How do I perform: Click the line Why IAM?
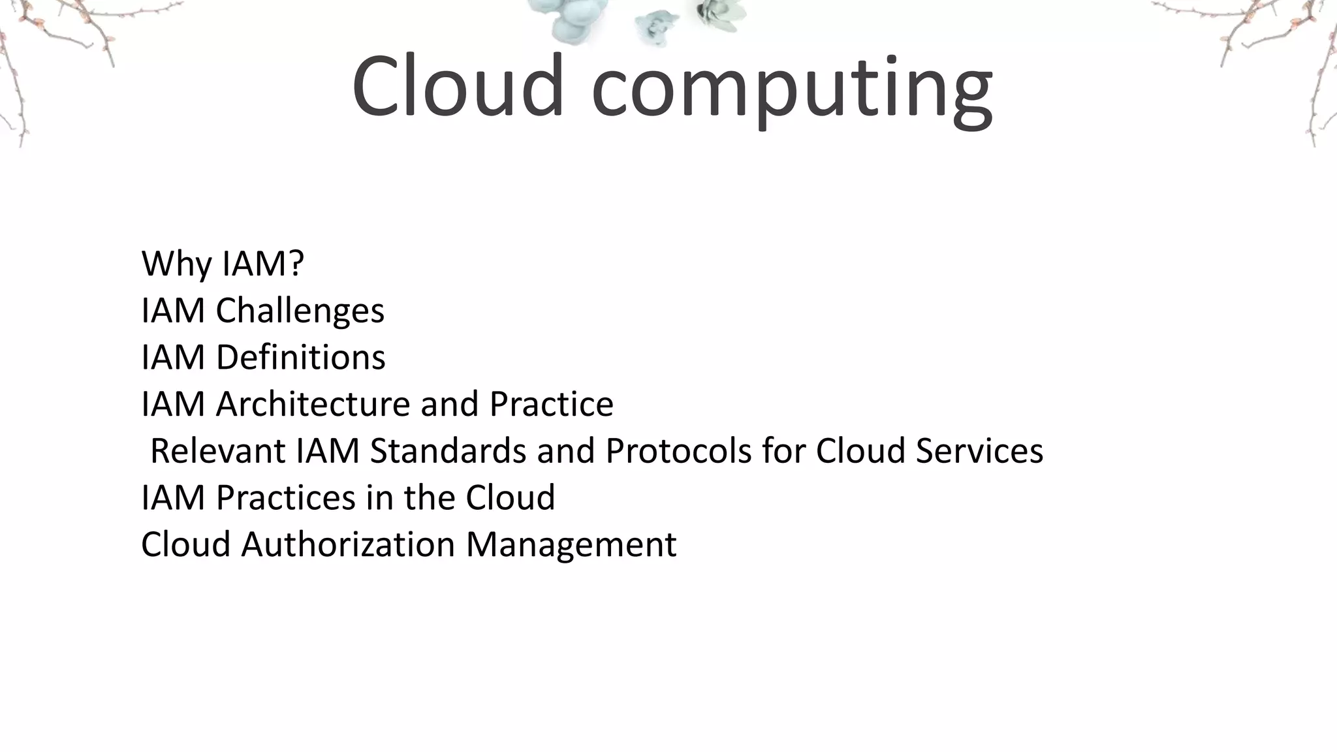click(223, 264)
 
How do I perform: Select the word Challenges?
click(300, 311)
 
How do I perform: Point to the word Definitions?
click(300, 358)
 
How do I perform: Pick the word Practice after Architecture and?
click(551, 404)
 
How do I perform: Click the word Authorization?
click(348, 544)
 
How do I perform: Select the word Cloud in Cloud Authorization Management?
click(186, 544)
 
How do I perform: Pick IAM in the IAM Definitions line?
click(173, 358)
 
